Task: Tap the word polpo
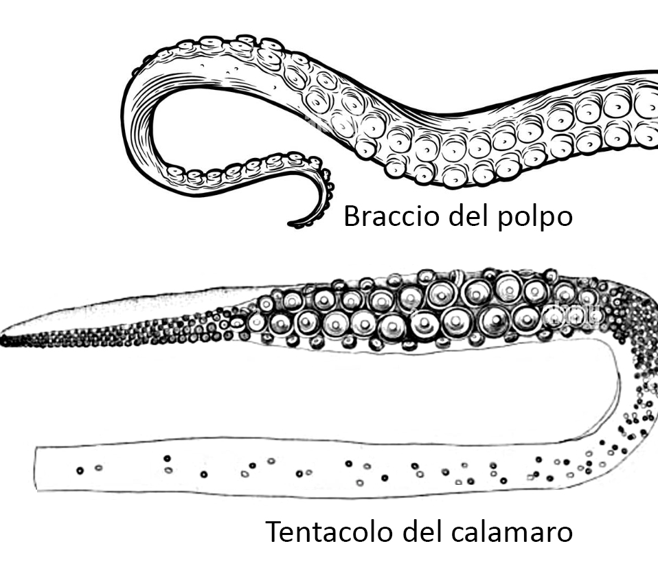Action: (x=534, y=218)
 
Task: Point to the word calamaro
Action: (x=512, y=531)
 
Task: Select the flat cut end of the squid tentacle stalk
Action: (x=36, y=469)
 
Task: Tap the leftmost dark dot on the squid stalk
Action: (x=80, y=470)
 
